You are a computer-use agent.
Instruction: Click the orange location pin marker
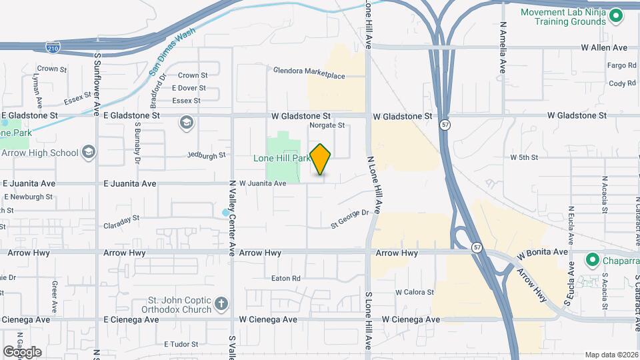click(321, 159)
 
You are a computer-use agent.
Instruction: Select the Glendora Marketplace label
click(309, 76)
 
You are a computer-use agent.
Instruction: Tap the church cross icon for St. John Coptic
click(222, 305)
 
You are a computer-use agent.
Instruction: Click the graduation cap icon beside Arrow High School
click(89, 153)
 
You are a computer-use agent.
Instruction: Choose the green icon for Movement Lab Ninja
click(616, 15)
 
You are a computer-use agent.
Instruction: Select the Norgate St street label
click(327, 125)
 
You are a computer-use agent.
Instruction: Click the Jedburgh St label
click(207, 156)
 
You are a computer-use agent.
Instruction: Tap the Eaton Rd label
click(287, 278)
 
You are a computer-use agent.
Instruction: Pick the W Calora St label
click(415, 292)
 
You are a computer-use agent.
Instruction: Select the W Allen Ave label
click(604, 47)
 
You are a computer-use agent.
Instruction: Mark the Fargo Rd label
click(622, 65)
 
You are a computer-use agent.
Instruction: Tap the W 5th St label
click(523, 157)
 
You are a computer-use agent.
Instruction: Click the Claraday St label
click(121, 218)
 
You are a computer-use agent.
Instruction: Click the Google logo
click(22, 351)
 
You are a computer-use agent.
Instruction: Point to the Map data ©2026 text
click(611, 355)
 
